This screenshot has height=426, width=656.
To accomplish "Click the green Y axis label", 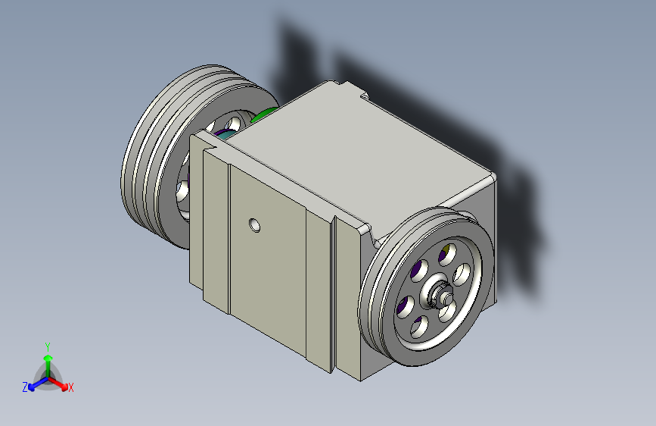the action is (x=48, y=347).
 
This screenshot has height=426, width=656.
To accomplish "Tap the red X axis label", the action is (x=70, y=388).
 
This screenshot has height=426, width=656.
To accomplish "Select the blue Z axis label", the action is (x=25, y=387).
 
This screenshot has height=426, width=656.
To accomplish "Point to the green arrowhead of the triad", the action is (x=48, y=358).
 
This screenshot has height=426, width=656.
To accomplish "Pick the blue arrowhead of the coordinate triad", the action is (x=32, y=387).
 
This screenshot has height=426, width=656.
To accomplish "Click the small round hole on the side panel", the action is (x=254, y=225).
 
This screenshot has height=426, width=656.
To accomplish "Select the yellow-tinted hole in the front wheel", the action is (x=447, y=253).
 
